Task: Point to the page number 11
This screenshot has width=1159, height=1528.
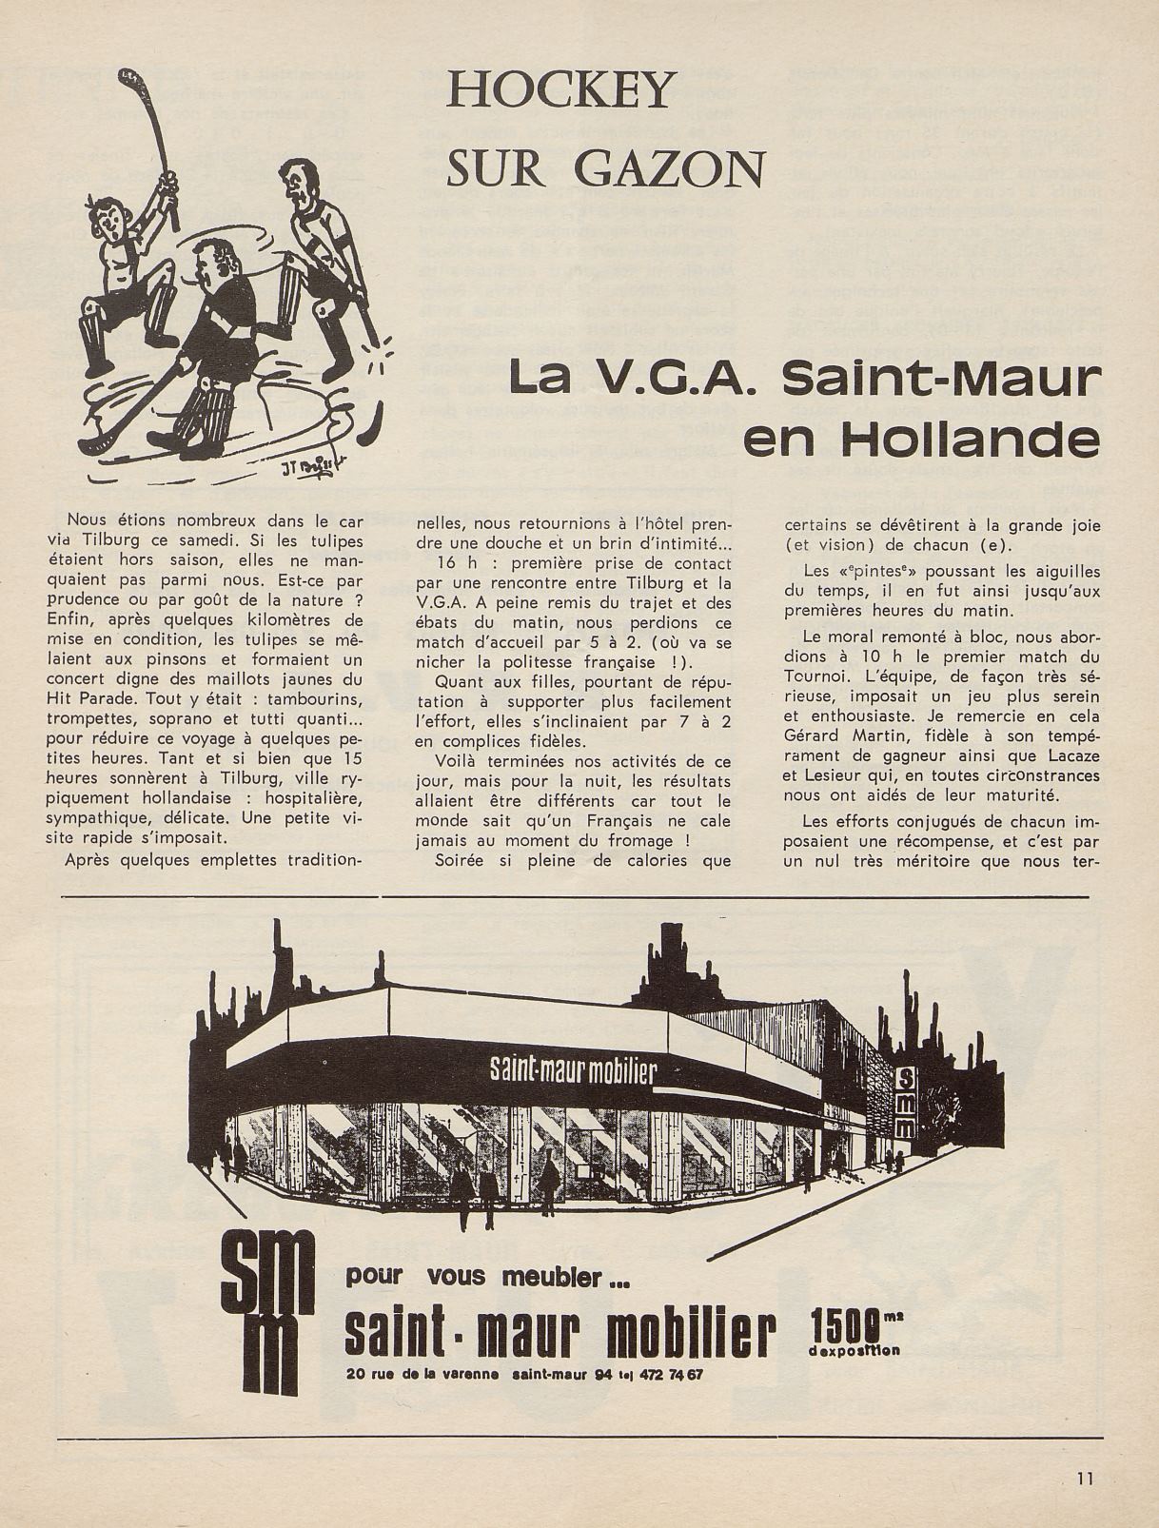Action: [x=1084, y=1479]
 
